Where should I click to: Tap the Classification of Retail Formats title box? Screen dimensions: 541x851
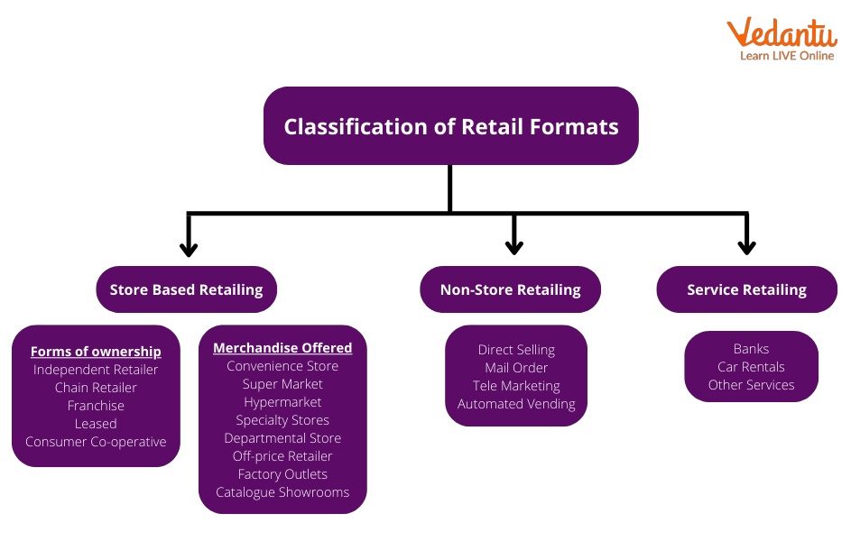[451, 126]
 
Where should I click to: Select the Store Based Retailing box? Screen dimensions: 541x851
[186, 289]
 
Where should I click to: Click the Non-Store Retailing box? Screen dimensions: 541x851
[510, 289]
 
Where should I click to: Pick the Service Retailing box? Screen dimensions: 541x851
[746, 289]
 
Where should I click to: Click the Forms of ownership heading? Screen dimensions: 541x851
[96, 352]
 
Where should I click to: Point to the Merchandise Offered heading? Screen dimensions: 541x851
[282, 347]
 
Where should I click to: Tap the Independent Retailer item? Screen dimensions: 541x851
[96, 370]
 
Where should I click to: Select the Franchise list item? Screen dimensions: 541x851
[96, 406]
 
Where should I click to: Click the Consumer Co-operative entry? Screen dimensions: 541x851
[96, 442]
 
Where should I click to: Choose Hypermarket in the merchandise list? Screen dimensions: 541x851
[282, 402]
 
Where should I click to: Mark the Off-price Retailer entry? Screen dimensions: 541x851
[282, 456]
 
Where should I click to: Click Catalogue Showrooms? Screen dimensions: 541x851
[282, 492]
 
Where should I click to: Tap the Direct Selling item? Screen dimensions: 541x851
[516, 350]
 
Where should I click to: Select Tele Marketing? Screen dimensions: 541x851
[516, 386]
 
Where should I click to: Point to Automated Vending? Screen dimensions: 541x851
[516, 404]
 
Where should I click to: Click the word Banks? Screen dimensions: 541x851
[751, 349]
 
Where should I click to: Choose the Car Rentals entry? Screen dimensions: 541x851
[751, 367]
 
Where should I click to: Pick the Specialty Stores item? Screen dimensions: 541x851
[282, 420]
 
